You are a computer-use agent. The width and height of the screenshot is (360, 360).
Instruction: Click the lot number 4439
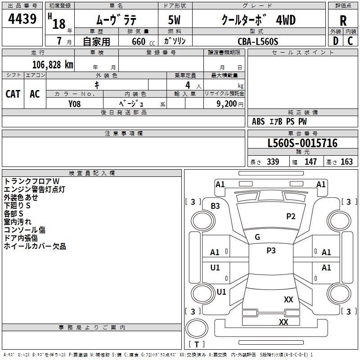coord(22,19)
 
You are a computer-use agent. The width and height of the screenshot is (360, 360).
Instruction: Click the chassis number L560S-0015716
coord(302,144)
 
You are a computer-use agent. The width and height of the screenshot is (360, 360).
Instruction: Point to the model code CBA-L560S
coord(258,41)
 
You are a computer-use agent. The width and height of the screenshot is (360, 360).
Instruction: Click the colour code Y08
coord(75,103)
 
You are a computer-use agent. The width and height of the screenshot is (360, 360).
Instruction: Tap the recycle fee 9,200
coord(227,103)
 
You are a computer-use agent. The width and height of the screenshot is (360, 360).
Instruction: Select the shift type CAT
coord(13,94)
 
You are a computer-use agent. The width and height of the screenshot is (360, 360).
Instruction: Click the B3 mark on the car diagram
coord(216,206)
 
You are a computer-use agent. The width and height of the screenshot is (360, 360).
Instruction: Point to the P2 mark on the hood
coord(291,216)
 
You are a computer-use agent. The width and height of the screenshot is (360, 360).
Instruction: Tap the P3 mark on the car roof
coord(271,251)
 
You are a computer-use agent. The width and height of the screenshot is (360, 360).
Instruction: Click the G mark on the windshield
coord(257,237)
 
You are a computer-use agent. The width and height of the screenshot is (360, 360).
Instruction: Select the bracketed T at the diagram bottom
coord(197,344)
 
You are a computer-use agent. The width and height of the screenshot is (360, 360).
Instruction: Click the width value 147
coord(310,162)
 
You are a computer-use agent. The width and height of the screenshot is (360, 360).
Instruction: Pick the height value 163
coord(346,162)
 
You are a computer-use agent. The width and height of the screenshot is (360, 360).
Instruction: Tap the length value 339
coord(273,162)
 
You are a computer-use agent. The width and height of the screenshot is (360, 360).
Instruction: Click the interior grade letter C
coord(350,41)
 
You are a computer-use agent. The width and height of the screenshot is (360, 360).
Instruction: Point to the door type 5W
coord(175,20)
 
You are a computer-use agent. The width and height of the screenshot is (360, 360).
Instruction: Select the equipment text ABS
coord(258,121)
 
